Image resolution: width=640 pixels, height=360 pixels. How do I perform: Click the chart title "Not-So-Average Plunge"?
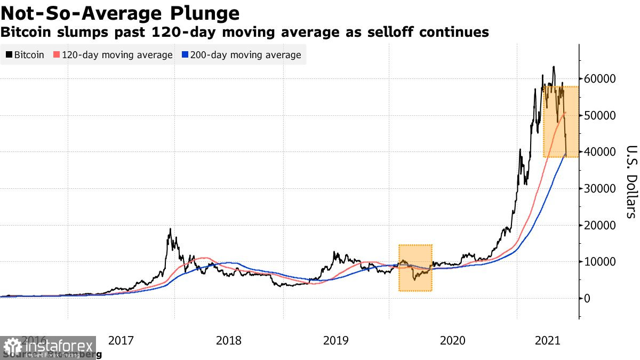tap(120, 13)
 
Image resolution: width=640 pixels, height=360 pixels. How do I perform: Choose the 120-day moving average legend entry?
tap(113, 55)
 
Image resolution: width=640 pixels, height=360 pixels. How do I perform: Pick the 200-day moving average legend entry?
tap(242, 55)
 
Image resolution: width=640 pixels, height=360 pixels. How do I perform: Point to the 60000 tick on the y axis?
tap(599, 79)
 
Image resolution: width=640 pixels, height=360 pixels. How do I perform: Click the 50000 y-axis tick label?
tap(599, 116)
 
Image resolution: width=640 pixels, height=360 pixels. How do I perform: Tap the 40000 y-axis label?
tap(599, 152)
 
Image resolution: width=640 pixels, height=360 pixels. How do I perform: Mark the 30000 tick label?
tap(599, 189)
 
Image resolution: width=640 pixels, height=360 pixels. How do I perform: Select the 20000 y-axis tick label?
tap(599, 225)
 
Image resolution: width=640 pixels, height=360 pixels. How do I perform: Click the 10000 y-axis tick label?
tap(599, 262)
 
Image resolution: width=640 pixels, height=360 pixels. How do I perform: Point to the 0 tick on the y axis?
tap(588, 298)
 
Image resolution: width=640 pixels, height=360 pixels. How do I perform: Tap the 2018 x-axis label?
tap(229, 340)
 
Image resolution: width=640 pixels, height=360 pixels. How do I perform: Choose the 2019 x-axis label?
tap(336, 340)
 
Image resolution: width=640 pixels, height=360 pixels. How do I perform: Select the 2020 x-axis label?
tap(453, 340)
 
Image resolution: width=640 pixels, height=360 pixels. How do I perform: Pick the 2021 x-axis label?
tap(548, 340)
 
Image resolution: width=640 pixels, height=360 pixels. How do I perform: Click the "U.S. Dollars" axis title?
tap(631, 181)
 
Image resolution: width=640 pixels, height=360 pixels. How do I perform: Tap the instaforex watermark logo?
tap(48, 348)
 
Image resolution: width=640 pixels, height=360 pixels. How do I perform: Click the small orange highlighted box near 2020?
tap(415, 268)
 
